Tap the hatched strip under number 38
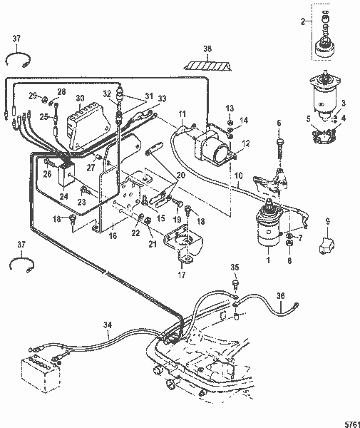207,66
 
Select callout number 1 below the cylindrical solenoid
268,261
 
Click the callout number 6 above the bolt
279,123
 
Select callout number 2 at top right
303,22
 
